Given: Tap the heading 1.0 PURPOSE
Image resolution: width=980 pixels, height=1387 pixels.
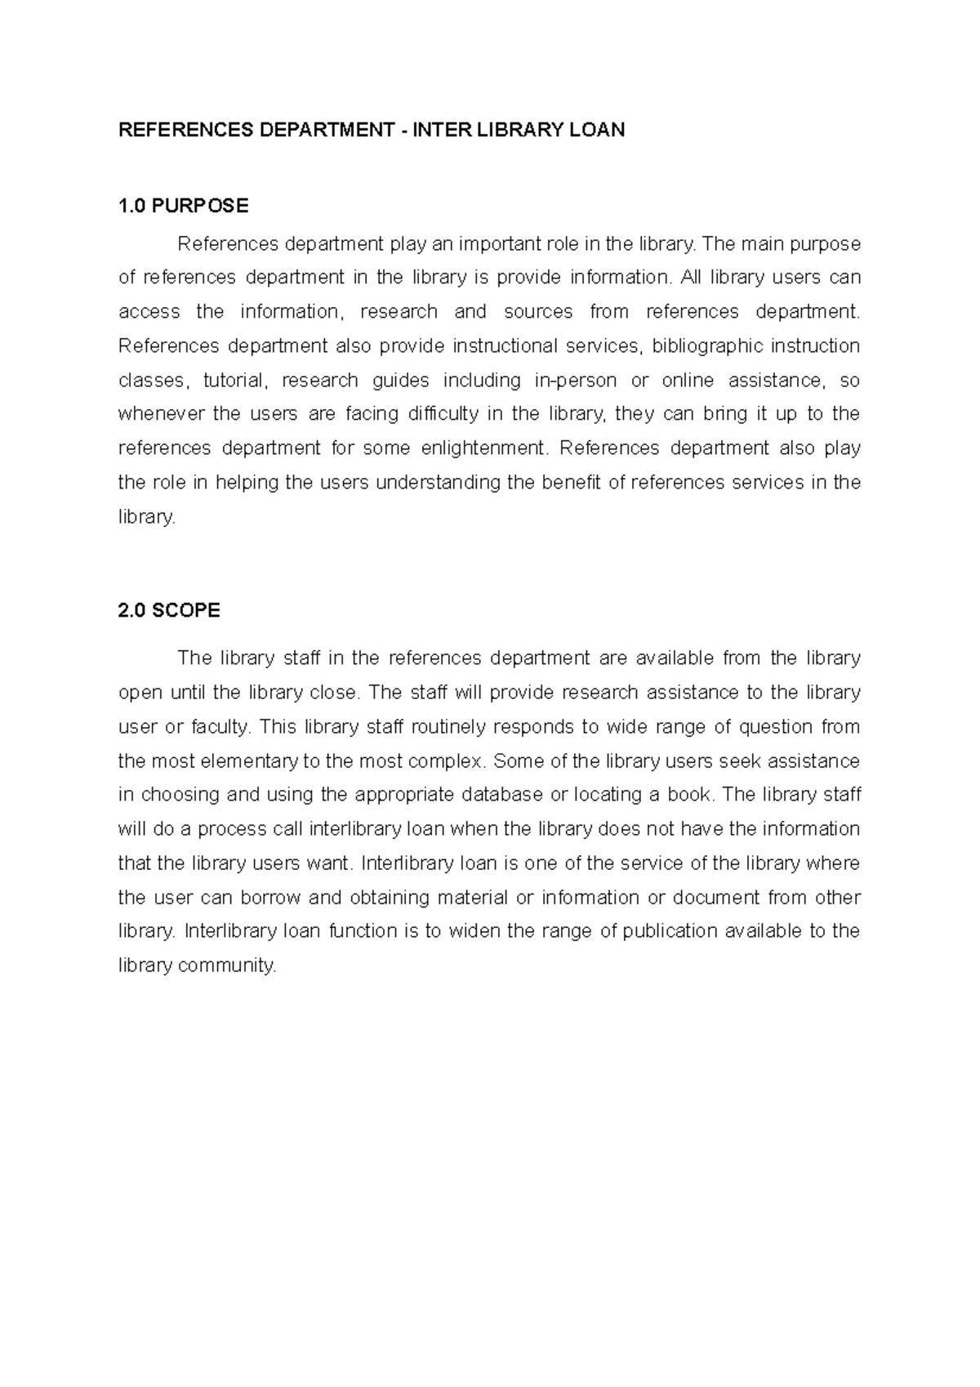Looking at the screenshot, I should [183, 206].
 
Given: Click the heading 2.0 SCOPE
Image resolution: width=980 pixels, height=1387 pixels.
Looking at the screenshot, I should [169, 610].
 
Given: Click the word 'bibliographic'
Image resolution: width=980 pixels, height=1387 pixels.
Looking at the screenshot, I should [707, 346].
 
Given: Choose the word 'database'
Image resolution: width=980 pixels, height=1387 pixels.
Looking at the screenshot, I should [501, 794].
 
